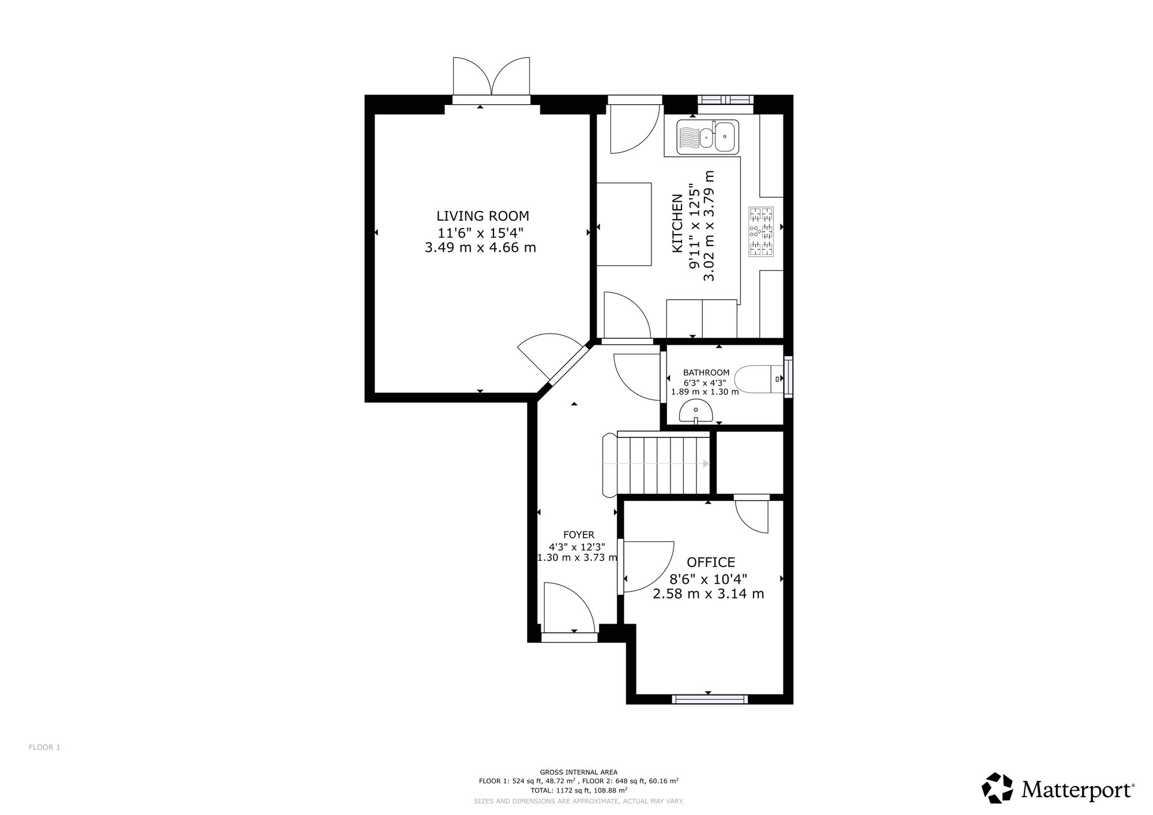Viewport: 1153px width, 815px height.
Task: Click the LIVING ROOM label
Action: click(x=483, y=216)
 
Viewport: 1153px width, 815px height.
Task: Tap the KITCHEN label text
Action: click(x=677, y=224)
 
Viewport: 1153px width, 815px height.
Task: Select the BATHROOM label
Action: click(x=706, y=373)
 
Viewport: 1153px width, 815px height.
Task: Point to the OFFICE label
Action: click(x=711, y=562)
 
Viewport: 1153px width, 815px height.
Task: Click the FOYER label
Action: click(x=578, y=535)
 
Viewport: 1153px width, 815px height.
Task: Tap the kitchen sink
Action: click(x=708, y=137)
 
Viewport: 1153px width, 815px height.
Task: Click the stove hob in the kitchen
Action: click(x=760, y=231)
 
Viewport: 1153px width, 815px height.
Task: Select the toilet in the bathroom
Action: click(x=760, y=379)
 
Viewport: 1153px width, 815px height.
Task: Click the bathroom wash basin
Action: click(x=696, y=413)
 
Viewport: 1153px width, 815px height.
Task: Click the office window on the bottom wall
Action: click(x=710, y=699)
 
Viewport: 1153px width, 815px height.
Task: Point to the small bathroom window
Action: click(x=788, y=377)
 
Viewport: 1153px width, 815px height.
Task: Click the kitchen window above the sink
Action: click(x=726, y=100)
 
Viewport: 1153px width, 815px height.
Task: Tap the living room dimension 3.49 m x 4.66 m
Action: click(x=480, y=248)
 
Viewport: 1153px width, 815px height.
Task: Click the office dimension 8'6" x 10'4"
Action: click(x=709, y=579)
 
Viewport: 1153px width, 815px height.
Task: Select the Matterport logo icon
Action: click(x=997, y=787)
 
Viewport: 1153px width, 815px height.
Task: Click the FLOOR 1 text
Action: click(x=44, y=748)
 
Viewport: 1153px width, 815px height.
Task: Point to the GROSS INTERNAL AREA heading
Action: click(x=578, y=772)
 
